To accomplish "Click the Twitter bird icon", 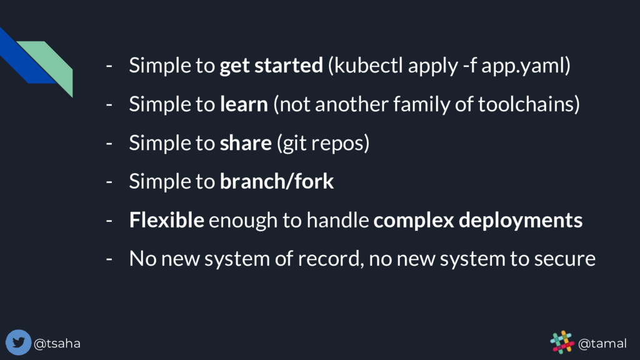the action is (x=18, y=342).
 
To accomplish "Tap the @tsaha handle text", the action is (x=57, y=343).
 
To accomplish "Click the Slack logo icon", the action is (x=561, y=342).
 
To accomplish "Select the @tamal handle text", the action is (x=602, y=343).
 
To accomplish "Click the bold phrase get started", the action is (x=271, y=66).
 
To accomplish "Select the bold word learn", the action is (x=244, y=104).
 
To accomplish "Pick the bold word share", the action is (x=246, y=143).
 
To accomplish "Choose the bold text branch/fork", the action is (x=277, y=182).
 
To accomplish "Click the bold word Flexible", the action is (x=166, y=220).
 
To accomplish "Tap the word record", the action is (x=334, y=258).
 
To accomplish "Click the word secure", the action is (x=564, y=258).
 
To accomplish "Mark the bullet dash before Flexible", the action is (x=109, y=220).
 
